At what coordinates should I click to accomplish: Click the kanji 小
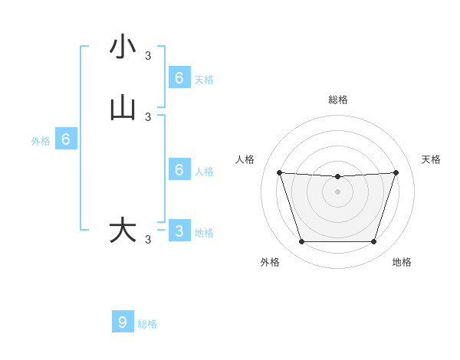click(x=123, y=47)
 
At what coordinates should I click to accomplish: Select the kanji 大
click(x=123, y=231)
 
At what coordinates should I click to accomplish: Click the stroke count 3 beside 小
click(x=148, y=55)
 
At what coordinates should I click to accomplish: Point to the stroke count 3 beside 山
click(x=148, y=117)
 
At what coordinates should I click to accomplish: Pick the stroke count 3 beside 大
click(x=148, y=240)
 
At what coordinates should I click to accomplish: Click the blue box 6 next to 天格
click(x=179, y=78)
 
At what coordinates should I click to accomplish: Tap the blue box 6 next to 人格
click(x=179, y=170)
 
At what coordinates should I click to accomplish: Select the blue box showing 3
click(x=179, y=231)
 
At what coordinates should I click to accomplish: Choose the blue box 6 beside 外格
click(x=66, y=139)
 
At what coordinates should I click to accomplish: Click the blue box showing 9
click(x=123, y=322)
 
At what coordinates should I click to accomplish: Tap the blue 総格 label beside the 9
click(x=147, y=324)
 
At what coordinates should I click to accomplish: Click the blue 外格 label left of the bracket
click(x=41, y=141)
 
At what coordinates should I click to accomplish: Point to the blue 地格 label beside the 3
click(x=204, y=233)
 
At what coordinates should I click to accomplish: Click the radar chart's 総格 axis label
click(x=338, y=100)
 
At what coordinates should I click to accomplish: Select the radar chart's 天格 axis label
click(x=431, y=159)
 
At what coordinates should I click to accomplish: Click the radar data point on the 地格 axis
click(x=373, y=242)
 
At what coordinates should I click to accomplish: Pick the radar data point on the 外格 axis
click(x=301, y=242)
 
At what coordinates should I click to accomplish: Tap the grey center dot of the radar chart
click(x=337, y=191)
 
